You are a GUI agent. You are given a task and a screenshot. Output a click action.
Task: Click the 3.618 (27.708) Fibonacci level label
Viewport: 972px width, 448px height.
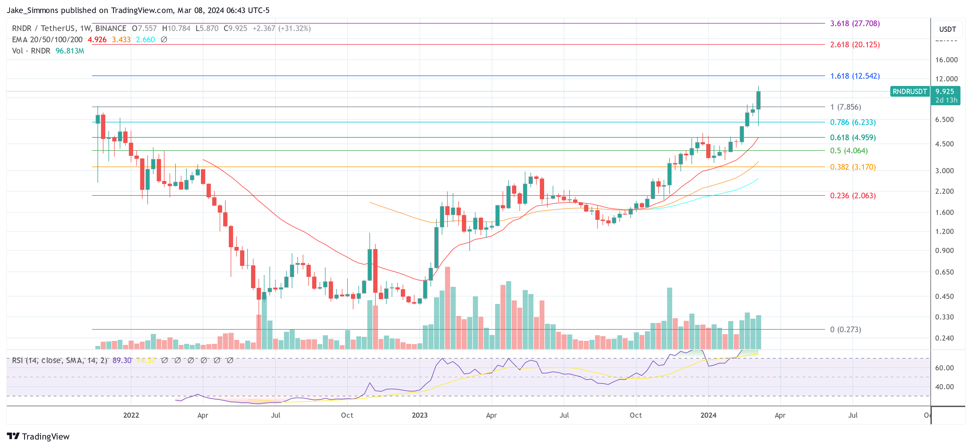click(x=855, y=23)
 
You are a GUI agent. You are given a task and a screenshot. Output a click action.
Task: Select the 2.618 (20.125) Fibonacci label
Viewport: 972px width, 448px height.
click(x=855, y=44)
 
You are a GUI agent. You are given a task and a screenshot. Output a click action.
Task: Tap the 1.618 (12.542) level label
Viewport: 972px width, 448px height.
click(x=855, y=76)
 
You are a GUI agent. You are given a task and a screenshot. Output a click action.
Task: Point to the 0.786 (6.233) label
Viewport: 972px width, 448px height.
click(x=853, y=122)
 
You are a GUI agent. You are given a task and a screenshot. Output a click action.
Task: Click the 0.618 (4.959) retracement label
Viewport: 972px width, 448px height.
click(x=853, y=138)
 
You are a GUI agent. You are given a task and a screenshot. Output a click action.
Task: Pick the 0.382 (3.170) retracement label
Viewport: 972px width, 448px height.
click(x=853, y=167)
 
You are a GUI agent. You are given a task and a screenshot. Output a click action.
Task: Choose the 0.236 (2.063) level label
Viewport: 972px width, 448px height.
click(x=853, y=195)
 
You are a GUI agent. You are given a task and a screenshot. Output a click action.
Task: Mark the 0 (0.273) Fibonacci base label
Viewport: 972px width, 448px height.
click(x=845, y=329)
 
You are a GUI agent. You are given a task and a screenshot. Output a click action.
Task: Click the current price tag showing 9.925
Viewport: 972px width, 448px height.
click(x=945, y=92)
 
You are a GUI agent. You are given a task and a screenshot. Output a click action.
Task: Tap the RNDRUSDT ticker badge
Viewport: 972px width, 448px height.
click(x=909, y=92)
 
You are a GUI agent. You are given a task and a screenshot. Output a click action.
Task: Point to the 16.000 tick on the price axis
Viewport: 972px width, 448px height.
click(x=946, y=60)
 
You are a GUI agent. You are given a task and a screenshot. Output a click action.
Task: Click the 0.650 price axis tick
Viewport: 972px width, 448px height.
click(x=944, y=272)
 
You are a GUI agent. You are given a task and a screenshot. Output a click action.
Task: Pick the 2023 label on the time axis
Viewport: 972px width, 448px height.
click(x=420, y=415)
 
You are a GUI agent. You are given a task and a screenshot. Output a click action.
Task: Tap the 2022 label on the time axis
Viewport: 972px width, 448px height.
click(x=131, y=415)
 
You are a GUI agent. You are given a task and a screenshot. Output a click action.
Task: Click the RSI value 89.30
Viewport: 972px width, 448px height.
click(x=122, y=360)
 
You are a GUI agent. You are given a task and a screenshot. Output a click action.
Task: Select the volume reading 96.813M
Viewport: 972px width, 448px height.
click(x=70, y=51)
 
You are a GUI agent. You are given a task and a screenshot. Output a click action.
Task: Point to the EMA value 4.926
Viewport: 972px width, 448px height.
click(x=97, y=40)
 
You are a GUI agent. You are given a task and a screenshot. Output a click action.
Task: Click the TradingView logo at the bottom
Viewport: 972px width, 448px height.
click(x=38, y=436)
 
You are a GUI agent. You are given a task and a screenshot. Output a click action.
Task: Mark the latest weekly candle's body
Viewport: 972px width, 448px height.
click(x=758, y=100)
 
